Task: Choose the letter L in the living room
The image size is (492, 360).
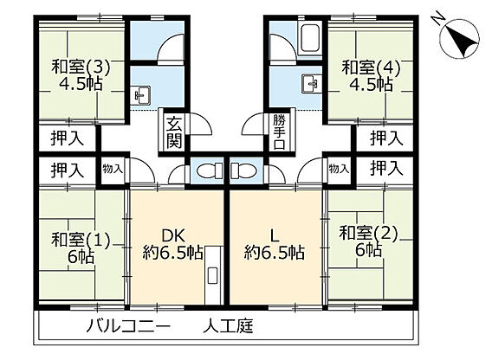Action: click(x=273, y=233)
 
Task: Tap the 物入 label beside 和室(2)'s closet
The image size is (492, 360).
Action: click(x=339, y=169)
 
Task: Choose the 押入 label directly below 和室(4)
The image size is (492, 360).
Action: click(x=386, y=138)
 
